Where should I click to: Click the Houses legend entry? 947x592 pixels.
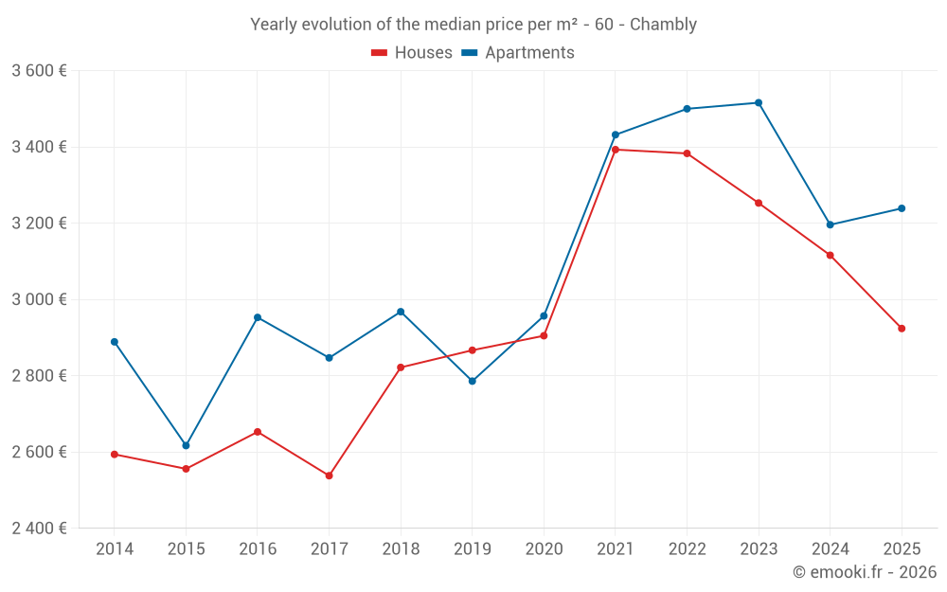point(412,53)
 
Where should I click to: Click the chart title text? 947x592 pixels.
point(473,25)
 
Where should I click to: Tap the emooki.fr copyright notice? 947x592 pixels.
point(864,571)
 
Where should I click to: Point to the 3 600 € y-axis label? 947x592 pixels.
point(39,71)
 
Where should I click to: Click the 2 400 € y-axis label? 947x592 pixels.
point(39,528)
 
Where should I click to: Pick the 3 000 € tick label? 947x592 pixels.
point(39,299)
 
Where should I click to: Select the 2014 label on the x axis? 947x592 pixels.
point(115,548)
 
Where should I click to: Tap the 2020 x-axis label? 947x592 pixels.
point(544,548)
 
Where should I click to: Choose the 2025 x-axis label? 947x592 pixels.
point(902,548)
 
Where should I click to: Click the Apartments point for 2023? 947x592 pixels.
point(759,102)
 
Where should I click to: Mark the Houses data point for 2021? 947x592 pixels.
point(616,150)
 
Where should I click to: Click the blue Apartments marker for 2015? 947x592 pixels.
point(186,445)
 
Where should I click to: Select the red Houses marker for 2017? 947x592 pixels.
point(329,475)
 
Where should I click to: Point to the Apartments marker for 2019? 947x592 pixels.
point(473,381)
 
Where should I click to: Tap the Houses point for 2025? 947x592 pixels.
point(902,329)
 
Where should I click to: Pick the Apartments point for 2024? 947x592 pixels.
point(831,224)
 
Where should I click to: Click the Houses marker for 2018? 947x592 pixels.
point(401,368)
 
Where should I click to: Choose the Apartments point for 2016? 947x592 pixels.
point(258,317)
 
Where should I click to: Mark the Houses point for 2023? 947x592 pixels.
point(759,203)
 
